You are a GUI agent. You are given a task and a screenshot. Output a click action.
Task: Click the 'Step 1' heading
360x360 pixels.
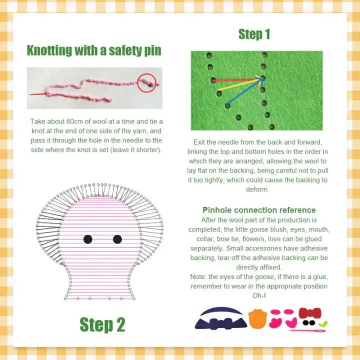pyautogui.click(x=254, y=34)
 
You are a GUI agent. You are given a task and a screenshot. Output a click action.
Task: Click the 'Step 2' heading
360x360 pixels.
pyautogui.click(x=102, y=324)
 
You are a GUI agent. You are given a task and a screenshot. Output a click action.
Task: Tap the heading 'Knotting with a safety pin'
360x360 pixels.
pyautogui.click(x=94, y=50)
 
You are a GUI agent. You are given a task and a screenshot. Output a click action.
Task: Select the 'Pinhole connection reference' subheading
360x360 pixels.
pyautogui.click(x=259, y=210)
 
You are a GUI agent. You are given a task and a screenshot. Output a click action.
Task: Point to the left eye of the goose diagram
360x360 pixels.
pyautogui.click(x=88, y=239)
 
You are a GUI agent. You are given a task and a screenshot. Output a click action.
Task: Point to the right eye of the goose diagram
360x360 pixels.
pyautogui.click(x=117, y=239)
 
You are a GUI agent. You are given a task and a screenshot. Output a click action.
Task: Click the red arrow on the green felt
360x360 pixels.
pyautogui.click(x=235, y=79)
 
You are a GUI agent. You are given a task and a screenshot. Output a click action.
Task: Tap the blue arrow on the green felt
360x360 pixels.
pyautogui.click(x=242, y=92)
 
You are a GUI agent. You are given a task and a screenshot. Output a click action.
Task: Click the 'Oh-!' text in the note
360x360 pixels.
pyautogui.click(x=258, y=295)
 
